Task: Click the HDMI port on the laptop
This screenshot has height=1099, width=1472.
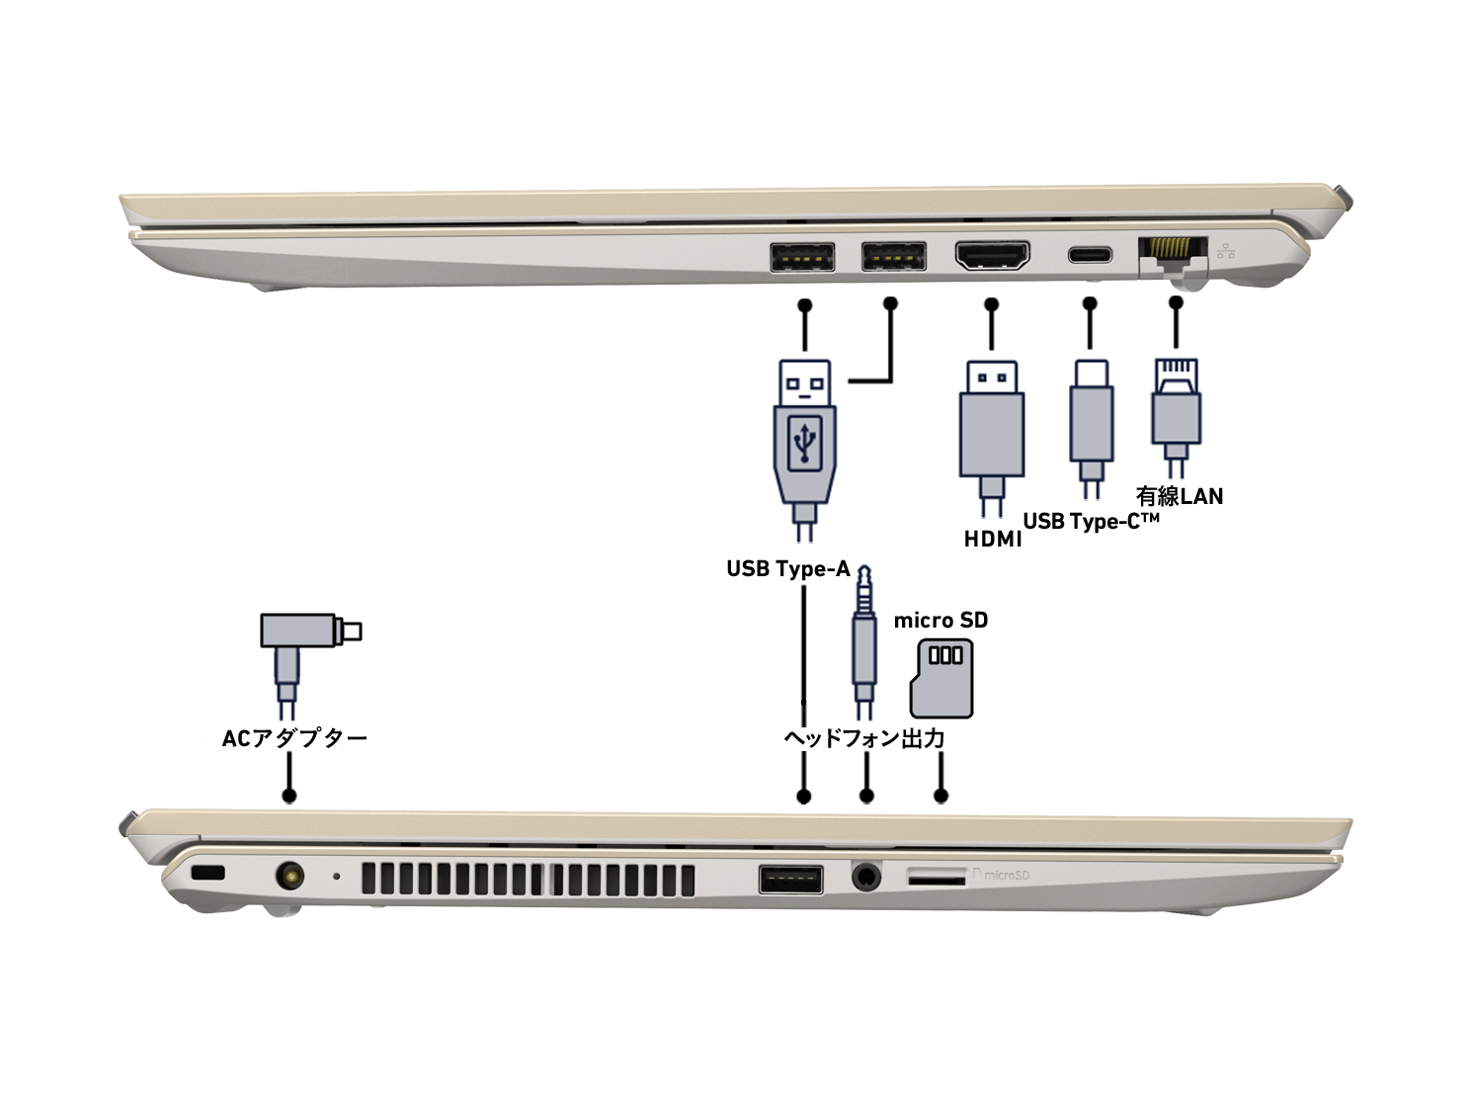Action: pos(992,255)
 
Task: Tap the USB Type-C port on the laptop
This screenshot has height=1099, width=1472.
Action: pos(1090,255)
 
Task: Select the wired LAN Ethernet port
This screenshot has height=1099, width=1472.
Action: pos(1173,251)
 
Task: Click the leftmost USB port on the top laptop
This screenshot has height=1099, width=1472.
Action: pos(801,257)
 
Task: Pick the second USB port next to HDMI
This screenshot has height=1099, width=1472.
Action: pos(893,256)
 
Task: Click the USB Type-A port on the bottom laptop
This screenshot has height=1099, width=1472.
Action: pos(790,879)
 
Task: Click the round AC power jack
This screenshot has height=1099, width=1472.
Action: pos(289,876)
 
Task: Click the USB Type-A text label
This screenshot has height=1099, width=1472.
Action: pos(787,569)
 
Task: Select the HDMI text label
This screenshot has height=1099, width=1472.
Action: pos(992,540)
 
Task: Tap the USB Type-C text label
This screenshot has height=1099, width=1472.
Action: pos(1091,521)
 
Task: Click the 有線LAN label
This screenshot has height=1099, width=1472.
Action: pos(1179,496)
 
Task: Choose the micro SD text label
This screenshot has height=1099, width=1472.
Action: pos(940,621)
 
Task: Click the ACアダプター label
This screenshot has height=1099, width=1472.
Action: pos(294,738)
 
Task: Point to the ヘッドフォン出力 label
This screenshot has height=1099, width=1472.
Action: pos(863,738)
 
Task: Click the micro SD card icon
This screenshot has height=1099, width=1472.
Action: pos(940,678)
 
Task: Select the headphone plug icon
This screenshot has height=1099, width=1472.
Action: pos(864,642)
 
